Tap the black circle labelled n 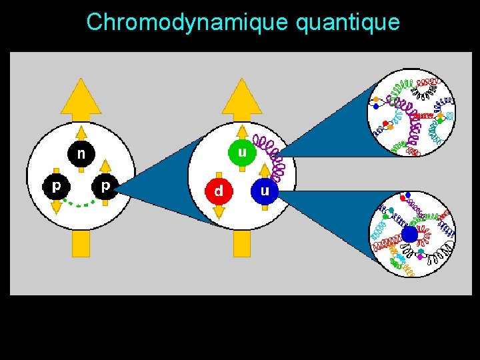(81, 154)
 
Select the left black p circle (56, 186)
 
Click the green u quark (242, 153)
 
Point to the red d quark (218, 191)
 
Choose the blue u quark (265, 191)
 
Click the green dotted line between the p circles (81, 203)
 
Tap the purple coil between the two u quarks (269, 159)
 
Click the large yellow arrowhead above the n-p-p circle (81, 97)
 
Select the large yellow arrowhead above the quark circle (242, 97)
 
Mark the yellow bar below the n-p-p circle (81, 243)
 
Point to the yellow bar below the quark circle (242, 243)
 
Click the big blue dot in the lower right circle (409, 234)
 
